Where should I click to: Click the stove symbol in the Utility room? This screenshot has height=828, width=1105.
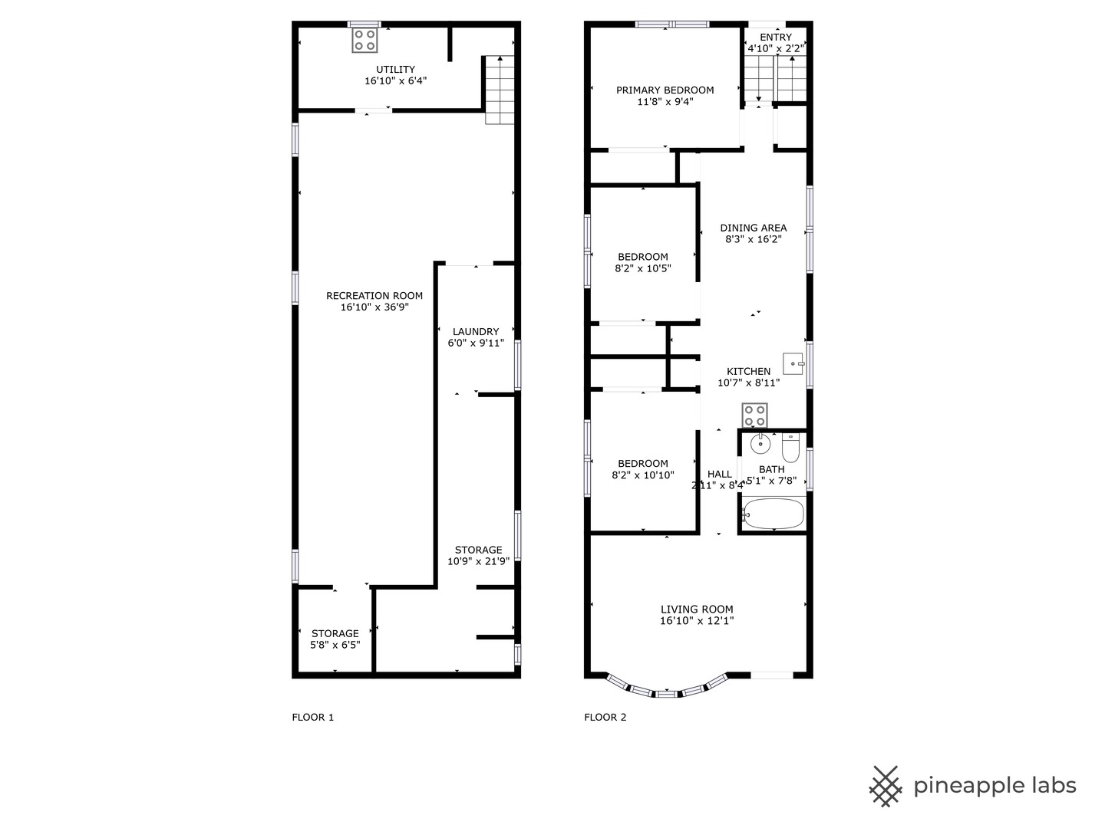(364, 40)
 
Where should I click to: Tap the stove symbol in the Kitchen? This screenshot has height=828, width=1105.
(754, 416)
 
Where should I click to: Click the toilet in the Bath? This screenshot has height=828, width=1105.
(790, 447)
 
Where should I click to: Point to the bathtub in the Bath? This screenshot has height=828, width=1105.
(773, 514)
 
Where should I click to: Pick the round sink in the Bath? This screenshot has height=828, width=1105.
(760, 443)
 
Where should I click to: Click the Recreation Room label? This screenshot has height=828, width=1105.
(374, 296)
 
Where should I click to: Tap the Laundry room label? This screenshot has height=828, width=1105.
(476, 332)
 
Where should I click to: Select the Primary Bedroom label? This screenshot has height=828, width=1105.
(665, 90)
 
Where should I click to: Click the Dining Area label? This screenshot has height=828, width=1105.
(754, 228)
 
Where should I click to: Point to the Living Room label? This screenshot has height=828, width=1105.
(697, 609)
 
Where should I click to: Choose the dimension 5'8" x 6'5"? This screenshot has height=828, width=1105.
(335, 646)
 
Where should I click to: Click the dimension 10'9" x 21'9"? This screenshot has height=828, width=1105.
(479, 561)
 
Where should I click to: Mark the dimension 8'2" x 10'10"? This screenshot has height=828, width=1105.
(643, 475)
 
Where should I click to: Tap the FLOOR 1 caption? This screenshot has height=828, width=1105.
(313, 718)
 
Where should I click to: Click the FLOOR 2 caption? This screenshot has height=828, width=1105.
(605, 718)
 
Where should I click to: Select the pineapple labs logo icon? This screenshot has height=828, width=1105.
(885, 786)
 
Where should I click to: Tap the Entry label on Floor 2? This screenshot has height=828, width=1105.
(776, 38)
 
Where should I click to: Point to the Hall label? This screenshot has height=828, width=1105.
(720, 474)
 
